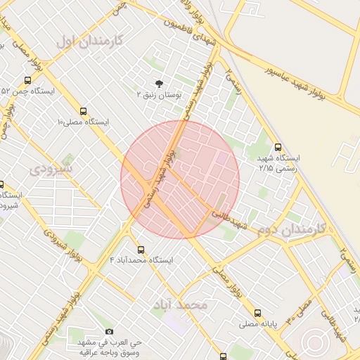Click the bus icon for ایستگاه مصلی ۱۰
point(84,111)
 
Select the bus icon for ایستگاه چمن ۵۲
point(27,80)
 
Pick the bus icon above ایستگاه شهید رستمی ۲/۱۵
point(278,148)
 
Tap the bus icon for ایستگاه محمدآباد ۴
point(141,250)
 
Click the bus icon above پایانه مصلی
point(257,313)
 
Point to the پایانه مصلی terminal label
point(261,324)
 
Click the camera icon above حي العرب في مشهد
point(108,331)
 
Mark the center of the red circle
point(180,179)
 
